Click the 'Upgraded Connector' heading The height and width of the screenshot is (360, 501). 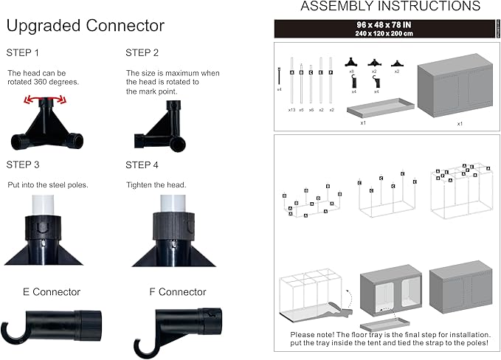coord(85,27)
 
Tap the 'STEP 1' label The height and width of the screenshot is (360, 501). coord(23,53)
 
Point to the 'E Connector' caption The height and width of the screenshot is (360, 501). coord(52,292)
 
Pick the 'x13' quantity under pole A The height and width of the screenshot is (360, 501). coord(292,109)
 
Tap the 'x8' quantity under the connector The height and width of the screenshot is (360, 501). coord(352,72)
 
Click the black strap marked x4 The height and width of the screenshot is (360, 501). coord(280,77)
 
